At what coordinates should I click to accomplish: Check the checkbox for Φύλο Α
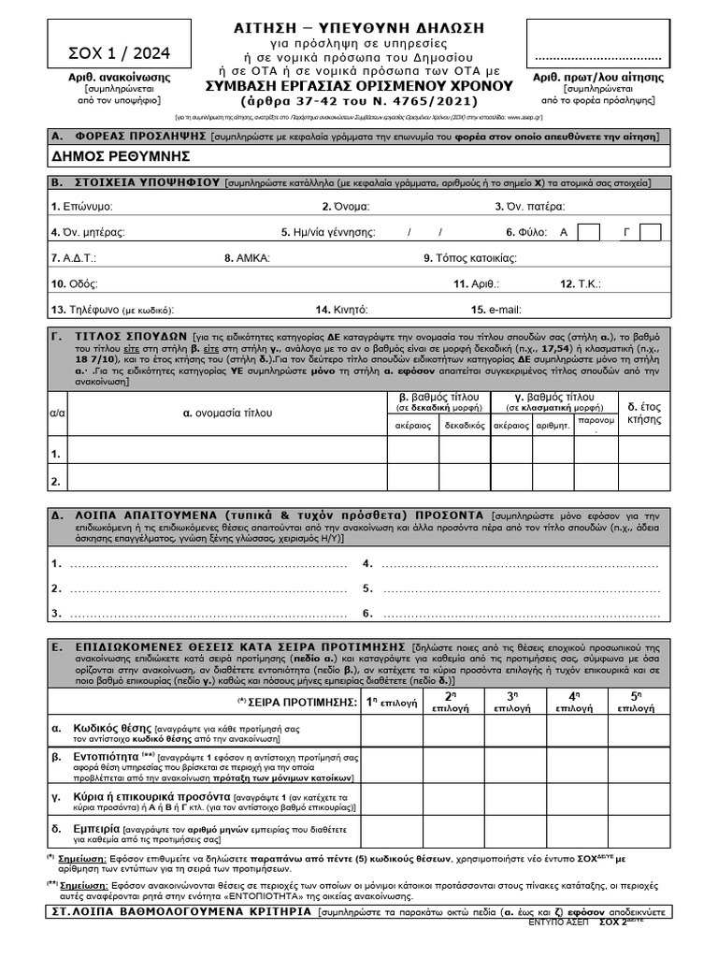(589, 232)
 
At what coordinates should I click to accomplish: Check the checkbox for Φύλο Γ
(651, 232)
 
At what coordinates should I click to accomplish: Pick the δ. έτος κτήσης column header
(644, 413)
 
